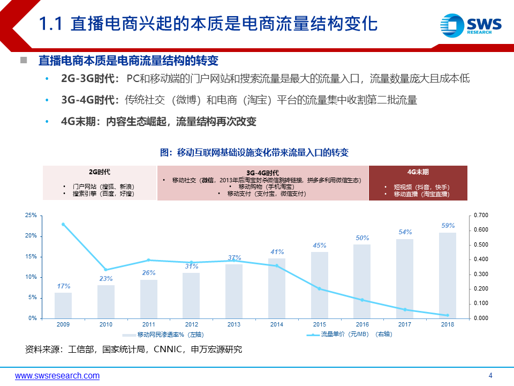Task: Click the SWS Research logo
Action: pos(470,25)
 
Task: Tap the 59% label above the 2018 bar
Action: pos(448,226)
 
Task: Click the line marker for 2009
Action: pos(63,224)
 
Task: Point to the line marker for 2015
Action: pos(320,288)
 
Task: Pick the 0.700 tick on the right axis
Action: pos(481,216)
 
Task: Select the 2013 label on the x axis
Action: pos(234,324)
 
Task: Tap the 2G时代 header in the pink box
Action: pos(100,172)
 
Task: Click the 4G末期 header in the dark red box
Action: pos(418,172)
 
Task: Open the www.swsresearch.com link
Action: pos(57,376)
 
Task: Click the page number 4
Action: pos(490,375)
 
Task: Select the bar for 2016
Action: pos(362,281)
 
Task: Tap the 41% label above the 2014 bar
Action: pos(277,252)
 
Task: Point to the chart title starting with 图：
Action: pos(254,153)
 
